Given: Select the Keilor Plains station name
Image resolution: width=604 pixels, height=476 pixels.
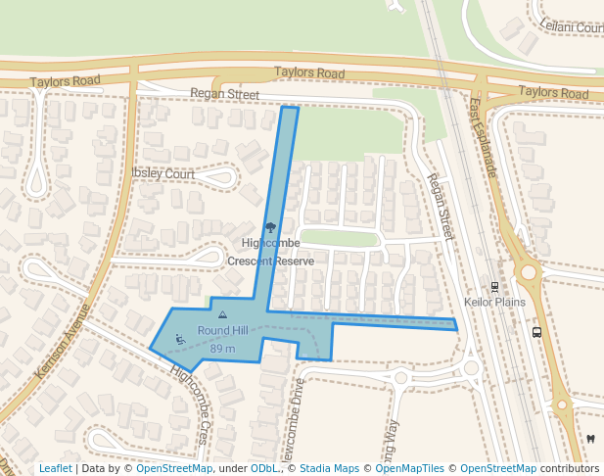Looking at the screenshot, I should click(x=494, y=302).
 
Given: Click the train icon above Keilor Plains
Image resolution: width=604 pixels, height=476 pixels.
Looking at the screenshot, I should click(x=494, y=287).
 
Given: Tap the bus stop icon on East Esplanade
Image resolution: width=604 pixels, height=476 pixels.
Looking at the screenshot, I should click(x=536, y=332).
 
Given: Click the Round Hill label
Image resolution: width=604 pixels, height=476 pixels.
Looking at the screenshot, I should click(x=222, y=331).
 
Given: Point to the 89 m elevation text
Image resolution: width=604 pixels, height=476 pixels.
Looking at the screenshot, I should click(x=222, y=349).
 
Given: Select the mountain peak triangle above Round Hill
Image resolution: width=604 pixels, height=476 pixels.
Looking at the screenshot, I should click(x=222, y=315).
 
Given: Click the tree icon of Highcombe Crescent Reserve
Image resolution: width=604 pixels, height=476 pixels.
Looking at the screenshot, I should click(x=271, y=228).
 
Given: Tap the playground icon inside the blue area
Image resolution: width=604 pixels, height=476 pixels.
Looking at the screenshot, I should click(x=180, y=339).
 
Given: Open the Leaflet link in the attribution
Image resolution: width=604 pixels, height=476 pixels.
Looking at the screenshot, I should click(x=56, y=469).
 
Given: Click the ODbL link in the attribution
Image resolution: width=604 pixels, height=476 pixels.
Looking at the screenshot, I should click(x=264, y=469).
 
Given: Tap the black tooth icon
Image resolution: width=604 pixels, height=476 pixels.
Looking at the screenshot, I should click(x=590, y=438).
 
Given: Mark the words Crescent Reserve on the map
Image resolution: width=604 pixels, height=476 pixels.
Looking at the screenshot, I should click(x=271, y=262).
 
